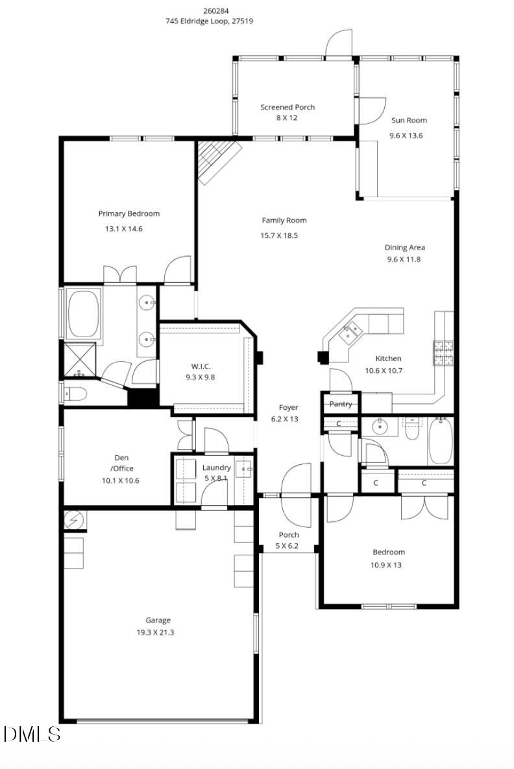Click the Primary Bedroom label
tap(128, 213)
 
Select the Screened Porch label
tap(288, 107)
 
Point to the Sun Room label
tap(409, 120)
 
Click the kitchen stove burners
tap(443, 353)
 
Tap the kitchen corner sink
tap(350, 333)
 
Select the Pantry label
tap(341, 404)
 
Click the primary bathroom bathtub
tap(82, 314)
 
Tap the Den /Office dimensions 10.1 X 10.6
tap(121, 480)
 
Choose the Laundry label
tap(216, 467)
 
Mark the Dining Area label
tap(405, 247)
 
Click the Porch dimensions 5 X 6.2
tap(289, 546)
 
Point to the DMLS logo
tap(31, 734)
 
